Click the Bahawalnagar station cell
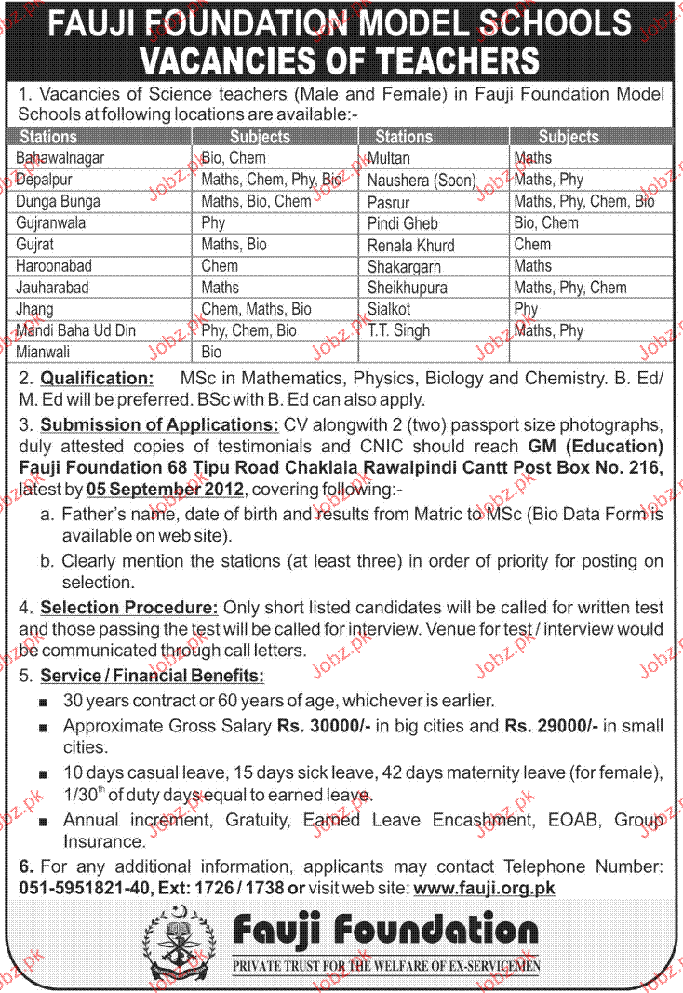pyautogui.click(x=60, y=158)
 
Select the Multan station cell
pyautogui.click(x=388, y=158)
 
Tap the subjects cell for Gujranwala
pyautogui.click(x=213, y=223)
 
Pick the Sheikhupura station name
pyautogui.click(x=407, y=288)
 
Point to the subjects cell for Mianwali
pyautogui.click(x=211, y=352)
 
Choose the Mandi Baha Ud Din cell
pyautogui.click(x=76, y=330)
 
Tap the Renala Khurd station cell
pyautogui.click(x=410, y=245)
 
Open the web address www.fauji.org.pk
pyautogui.click(x=484, y=888)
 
